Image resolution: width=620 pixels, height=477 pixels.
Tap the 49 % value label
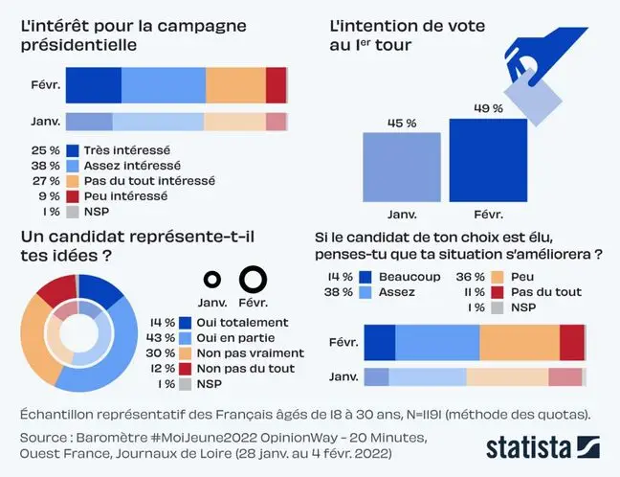pos(488,108)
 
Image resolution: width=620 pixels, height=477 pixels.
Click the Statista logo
pos(542,446)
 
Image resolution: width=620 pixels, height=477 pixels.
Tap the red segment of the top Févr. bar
pos(277,84)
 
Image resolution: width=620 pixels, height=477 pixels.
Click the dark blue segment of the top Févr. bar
pos(93,84)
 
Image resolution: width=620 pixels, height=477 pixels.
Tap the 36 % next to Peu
pos(476,278)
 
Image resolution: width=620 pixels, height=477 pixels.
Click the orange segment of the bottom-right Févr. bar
pos(519,342)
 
